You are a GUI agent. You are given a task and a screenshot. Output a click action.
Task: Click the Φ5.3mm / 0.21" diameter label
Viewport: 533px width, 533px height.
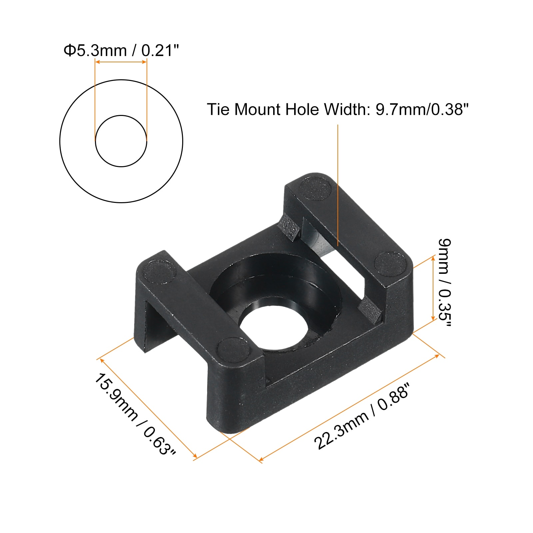pyautogui.click(x=121, y=51)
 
